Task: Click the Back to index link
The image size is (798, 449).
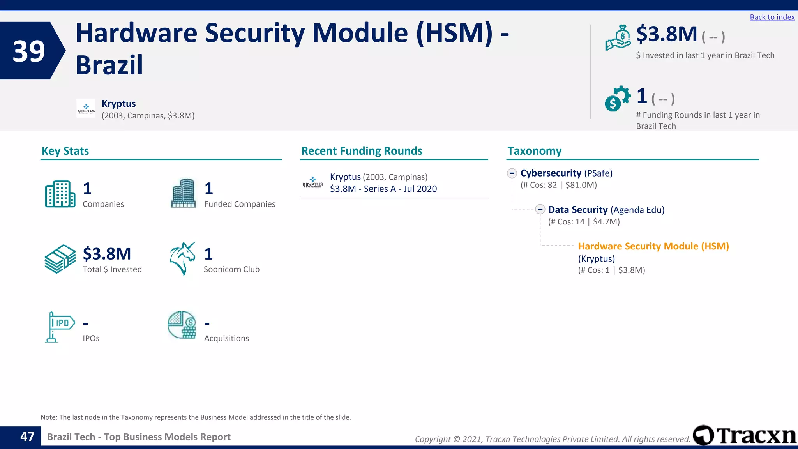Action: coord(772,17)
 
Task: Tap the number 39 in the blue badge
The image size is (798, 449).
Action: coord(29,51)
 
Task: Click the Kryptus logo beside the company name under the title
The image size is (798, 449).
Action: coord(86,109)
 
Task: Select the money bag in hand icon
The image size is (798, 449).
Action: coord(618,38)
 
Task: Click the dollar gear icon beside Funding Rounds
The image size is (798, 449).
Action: coord(617,99)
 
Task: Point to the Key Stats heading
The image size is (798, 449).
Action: coord(65,151)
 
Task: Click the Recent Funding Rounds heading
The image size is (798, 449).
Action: coord(362,151)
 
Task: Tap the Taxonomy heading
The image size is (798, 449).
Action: coord(534,151)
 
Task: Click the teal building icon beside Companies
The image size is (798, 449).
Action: coord(60,194)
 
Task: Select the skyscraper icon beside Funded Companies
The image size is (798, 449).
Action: coord(184,193)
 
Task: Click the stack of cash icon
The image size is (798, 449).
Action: coord(60,259)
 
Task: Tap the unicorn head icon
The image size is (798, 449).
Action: coord(182,258)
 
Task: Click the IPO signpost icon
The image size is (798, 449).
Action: coord(59,327)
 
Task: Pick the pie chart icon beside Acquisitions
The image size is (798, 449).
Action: coord(182,325)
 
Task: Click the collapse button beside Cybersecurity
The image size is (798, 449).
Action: coord(512,173)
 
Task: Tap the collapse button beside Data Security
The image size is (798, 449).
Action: coord(540,210)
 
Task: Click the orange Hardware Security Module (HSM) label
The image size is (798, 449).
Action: coord(653,246)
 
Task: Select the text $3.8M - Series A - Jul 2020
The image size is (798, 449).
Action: coord(383,189)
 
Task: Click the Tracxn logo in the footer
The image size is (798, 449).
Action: coord(744,435)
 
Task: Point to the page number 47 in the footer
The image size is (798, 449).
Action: coord(27,437)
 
